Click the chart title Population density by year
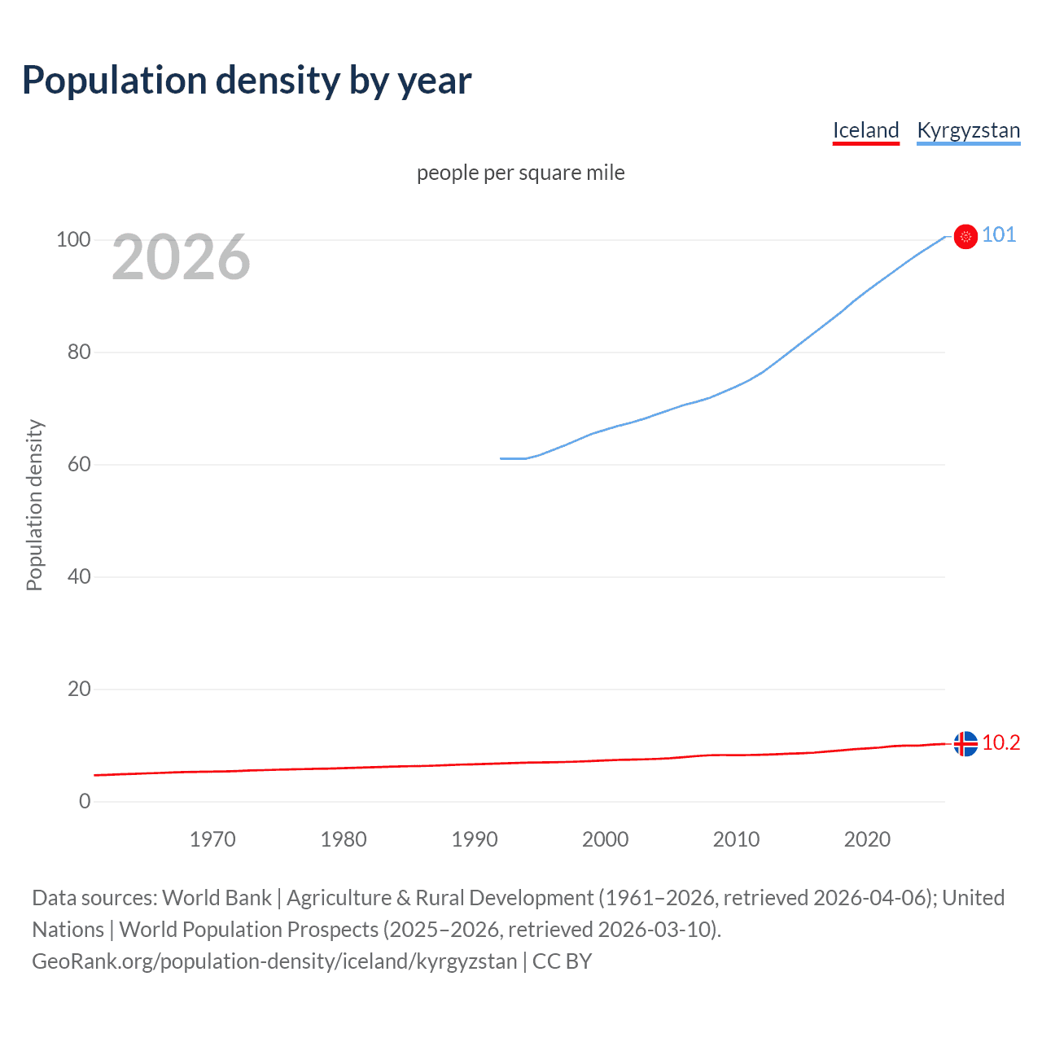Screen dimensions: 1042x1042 click(x=247, y=81)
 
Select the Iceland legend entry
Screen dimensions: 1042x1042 click(x=865, y=130)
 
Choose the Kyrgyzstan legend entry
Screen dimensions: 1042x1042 click(x=968, y=130)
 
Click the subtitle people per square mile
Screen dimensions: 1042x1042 click(x=521, y=173)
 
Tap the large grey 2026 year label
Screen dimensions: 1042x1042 click(x=181, y=257)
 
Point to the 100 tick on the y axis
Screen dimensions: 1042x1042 click(x=73, y=239)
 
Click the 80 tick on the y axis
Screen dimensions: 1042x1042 click(x=79, y=352)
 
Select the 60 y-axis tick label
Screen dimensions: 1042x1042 click(x=79, y=464)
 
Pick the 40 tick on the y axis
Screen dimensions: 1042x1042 click(x=79, y=576)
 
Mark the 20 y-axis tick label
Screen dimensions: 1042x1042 click(x=79, y=689)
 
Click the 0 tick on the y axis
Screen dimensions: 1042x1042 click(x=85, y=801)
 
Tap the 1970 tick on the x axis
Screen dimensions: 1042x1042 click(x=212, y=839)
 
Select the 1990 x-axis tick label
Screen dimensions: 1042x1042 click(x=475, y=839)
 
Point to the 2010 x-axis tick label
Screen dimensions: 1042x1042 click(x=736, y=839)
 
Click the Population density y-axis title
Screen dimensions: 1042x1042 click(x=34, y=505)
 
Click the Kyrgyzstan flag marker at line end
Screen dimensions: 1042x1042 click(x=965, y=236)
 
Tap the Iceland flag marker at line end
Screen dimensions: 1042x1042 click(x=965, y=743)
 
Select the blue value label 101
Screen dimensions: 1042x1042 click(x=999, y=235)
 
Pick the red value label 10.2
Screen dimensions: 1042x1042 click(x=1000, y=742)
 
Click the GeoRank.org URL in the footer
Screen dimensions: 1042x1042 click(x=274, y=961)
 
